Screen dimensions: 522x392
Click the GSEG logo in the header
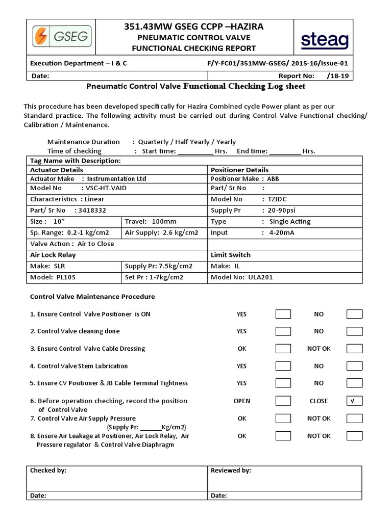60,37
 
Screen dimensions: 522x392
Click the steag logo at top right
324,40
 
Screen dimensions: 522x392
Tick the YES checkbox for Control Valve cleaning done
283,331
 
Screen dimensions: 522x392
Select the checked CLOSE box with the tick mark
354,401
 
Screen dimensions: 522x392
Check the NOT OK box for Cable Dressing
354,349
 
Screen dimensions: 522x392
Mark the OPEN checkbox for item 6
283,401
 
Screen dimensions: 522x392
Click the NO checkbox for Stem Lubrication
354,366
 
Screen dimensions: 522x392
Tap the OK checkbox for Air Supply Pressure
283,419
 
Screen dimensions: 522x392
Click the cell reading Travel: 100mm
151,222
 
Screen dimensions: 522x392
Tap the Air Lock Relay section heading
53,255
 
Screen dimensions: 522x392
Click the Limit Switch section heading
231,255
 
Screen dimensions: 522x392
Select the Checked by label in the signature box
48,471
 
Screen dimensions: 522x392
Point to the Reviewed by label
231,471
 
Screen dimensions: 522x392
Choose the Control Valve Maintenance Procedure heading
92,297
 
